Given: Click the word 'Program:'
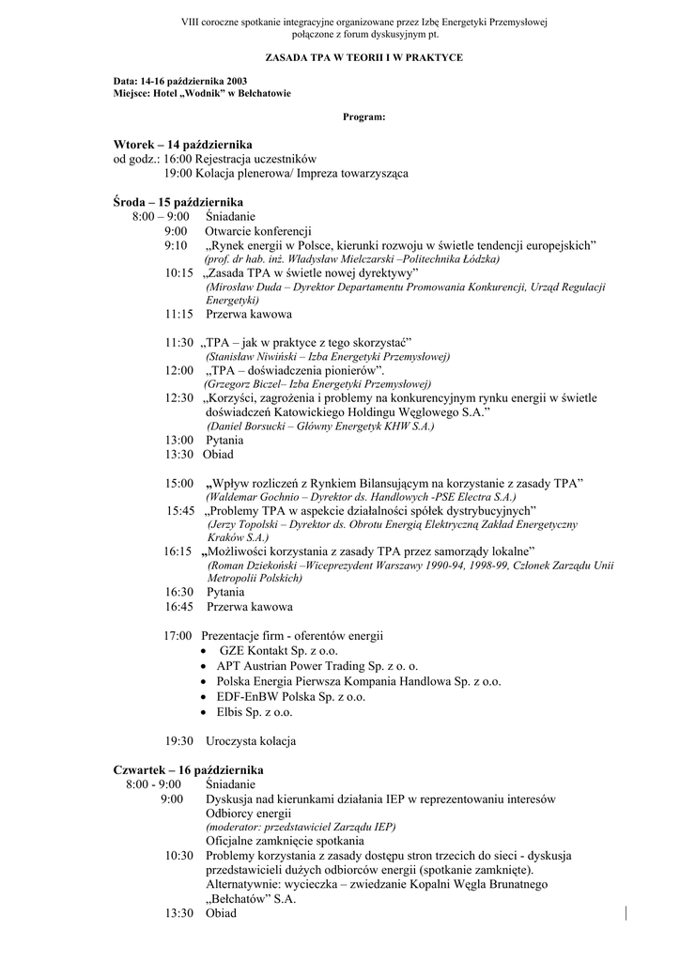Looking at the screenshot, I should tap(363, 116).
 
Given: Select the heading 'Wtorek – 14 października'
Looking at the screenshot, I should tap(182, 145).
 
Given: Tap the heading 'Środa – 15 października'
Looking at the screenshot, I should tap(178, 202).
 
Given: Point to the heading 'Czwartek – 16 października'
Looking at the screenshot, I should tap(188, 769).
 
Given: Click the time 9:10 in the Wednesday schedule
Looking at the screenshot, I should tap(176, 245).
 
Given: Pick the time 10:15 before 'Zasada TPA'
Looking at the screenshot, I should tap(178, 272).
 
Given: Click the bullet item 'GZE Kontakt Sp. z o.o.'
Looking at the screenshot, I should tap(279, 650).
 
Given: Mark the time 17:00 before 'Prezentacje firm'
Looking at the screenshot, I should tap(178, 636).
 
